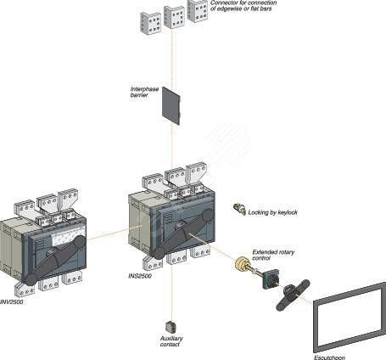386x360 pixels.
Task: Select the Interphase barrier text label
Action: point(143,92)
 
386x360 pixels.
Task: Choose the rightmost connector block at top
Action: point(199,10)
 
